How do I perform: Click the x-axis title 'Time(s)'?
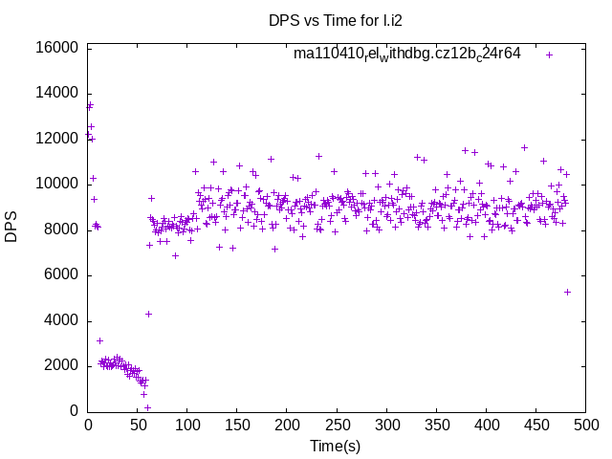click(x=336, y=446)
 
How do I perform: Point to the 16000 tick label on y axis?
click(x=55, y=48)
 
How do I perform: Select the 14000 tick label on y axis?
click(x=55, y=93)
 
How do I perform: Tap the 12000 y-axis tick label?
click(x=55, y=139)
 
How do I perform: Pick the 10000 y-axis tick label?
click(x=55, y=184)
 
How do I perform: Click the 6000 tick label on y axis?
click(x=59, y=275)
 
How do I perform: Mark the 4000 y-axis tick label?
click(x=59, y=320)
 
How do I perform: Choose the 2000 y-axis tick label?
click(x=59, y=366)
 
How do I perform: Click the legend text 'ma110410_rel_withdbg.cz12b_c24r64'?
click(x=407, y=55)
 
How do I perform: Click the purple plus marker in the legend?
click(x=550, y=55)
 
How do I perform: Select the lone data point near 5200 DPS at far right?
click(x=567, y=292)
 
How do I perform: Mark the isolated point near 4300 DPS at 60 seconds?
click(x=148, y=314)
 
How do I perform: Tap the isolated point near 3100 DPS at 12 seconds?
click(x=99, y=340)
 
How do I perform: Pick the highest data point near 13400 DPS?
click(x=90, y=105)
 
